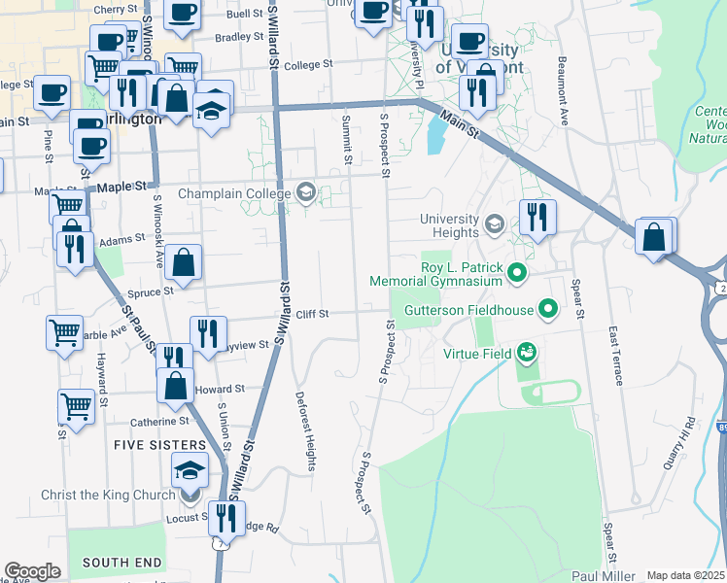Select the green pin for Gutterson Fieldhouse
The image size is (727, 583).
pos(548,311)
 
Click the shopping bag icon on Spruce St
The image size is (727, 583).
pos(183,262)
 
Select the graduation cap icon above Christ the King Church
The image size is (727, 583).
pos(190,473)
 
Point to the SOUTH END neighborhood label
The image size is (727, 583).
pos(121,563)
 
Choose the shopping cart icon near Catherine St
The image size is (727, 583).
pos(76,406)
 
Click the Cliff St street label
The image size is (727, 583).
pos(312,314)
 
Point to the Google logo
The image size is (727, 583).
pos(32,571)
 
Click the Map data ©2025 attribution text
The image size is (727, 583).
pos(686,575)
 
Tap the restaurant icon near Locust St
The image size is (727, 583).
pos(227,518)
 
